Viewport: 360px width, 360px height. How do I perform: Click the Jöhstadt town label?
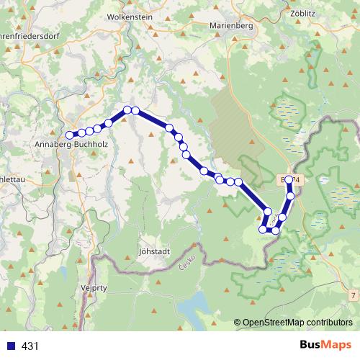[x=153, y=252]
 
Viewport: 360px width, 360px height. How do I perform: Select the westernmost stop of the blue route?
[x=70, y=135]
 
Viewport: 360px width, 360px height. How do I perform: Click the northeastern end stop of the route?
[x=289, y=179]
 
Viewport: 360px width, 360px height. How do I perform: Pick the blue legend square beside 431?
[x=10, y=346]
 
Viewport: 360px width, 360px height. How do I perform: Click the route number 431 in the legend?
[x=30, y=346]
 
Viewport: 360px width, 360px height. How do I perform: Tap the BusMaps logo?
[x=325, y=345]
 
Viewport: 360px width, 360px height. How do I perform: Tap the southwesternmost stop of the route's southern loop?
[x=263, y=230]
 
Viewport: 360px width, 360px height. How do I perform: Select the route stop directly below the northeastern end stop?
[x=291, y=195]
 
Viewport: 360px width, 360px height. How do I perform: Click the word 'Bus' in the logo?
[x=312, y=345]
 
